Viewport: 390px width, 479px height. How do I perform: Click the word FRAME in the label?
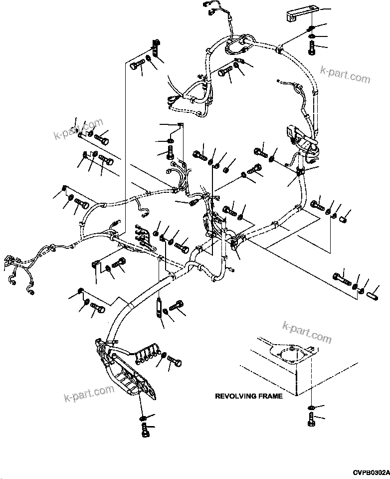[x=271, y=396]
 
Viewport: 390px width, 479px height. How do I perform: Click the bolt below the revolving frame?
[x=311, y=419]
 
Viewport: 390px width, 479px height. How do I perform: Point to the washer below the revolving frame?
[x=311, y=408]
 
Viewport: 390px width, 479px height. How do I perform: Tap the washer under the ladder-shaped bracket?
[x=143, y=417]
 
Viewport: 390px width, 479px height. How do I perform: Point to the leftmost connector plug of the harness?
[x=8, y=260]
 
